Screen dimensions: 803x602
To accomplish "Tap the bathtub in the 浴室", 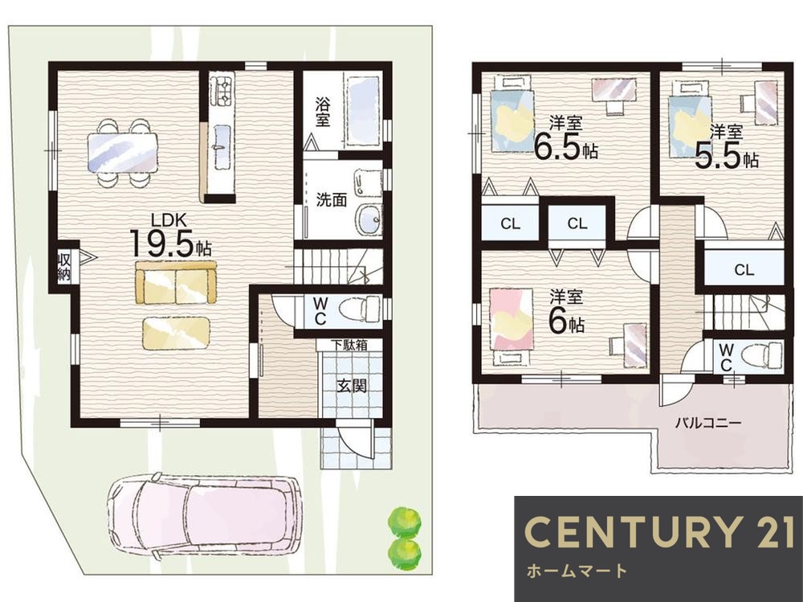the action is pyautogui.click(x=364, y=111).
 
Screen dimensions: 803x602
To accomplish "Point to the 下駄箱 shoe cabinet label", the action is pyautogui.click(x=349, y=345).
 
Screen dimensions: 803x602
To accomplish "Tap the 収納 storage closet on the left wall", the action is pyautogui.click(x=64, y=266).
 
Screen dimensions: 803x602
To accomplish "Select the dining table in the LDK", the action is pyautogui.click(x=122, y=153).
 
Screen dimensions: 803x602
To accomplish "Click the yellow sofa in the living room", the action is pyautogui.click(x=176, y=283).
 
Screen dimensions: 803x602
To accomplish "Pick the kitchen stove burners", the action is pyautogui.click(x=222, y=89).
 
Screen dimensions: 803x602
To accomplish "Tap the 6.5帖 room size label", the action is pyautogui.click(x=566, y=146).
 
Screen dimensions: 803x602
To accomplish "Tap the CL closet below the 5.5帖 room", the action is pyautogui.click(x=744, y=269).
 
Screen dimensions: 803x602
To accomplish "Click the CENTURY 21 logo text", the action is pyautogui.click(x=658, y=531).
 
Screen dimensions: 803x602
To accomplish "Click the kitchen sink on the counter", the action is pyautogui.click(x=222, y=145).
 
